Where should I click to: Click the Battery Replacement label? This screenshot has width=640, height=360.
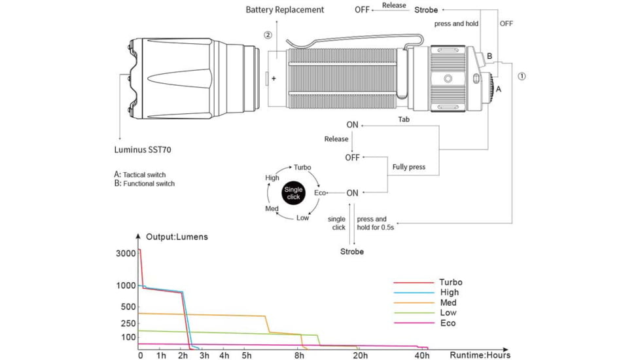(x=285, y=10)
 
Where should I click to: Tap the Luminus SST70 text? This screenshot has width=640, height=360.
(x=143, y=150)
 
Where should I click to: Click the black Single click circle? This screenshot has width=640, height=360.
(x=293, y=193)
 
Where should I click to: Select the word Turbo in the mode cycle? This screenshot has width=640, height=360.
(x=302, y=168)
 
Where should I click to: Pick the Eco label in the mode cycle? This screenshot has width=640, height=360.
(x=320, y=193)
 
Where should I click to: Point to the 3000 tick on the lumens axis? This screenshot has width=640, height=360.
(x=126, y=253)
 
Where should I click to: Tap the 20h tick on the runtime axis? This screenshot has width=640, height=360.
(x=360, y=355)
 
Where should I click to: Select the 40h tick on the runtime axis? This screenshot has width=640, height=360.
(x=422, y=355)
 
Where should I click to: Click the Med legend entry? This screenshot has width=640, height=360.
(x=448, y=303)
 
